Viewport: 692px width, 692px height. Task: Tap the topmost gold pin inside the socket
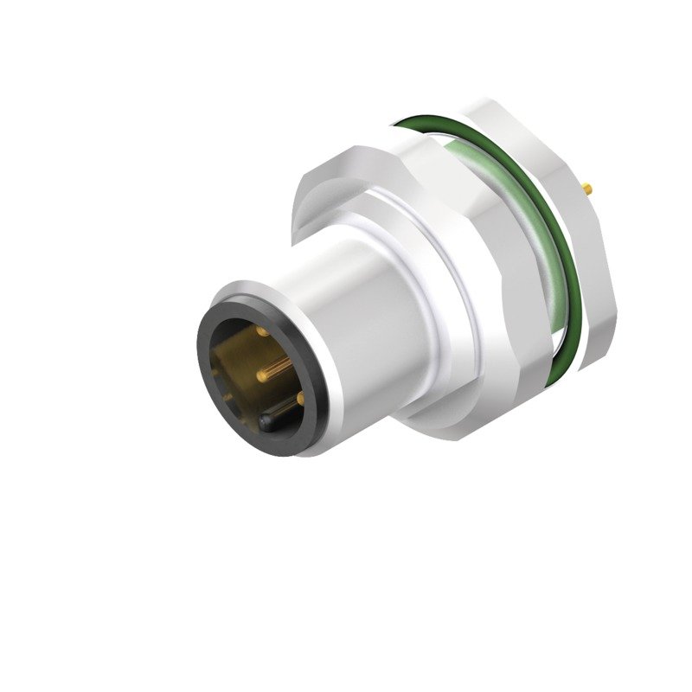[x=260, y=330]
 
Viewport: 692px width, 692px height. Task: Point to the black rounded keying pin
[x=268, y=421]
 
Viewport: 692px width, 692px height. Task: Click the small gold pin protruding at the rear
[x=588, y=186]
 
